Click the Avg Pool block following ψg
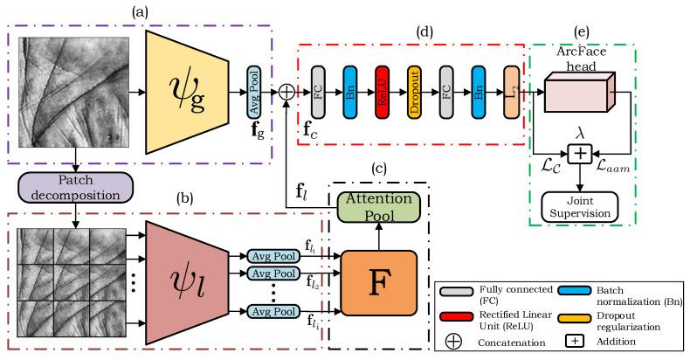(x=254, y=90)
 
